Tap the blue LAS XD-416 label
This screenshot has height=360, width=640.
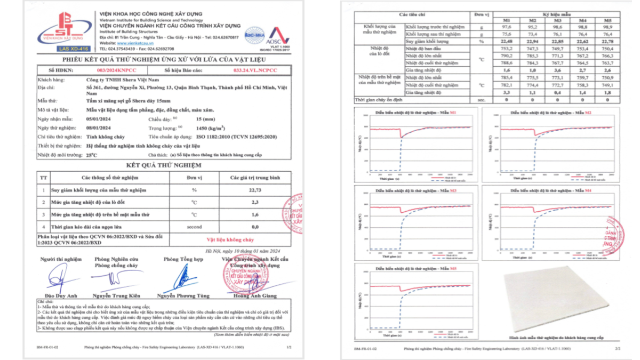point(63,49)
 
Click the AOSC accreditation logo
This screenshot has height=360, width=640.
point(277,35)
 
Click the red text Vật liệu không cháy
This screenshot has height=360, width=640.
point(230,240)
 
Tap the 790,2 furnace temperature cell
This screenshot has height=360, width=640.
point(507,55)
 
